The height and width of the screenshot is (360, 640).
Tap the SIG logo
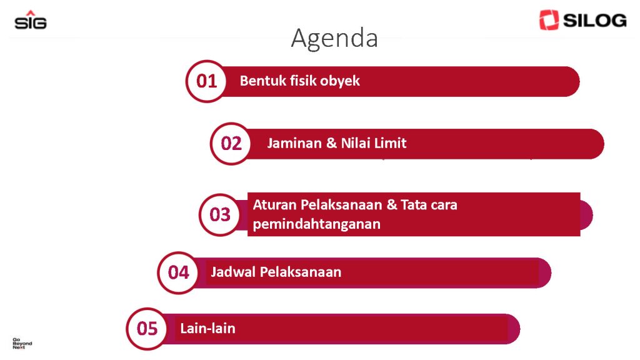click(31, 20)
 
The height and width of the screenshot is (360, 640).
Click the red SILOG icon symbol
click(549, 20)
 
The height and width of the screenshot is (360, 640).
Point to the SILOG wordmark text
click(595, 21)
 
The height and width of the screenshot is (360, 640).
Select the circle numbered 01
click(206, 81)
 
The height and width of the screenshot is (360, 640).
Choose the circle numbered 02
click(231, 144)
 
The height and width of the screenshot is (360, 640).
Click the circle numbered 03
click(220, 215)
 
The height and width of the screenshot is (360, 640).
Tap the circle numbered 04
click(178, 272)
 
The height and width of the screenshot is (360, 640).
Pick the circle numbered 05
click(147, 329)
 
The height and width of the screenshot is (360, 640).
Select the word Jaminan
click(294, 143)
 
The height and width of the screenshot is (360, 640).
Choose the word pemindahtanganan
click(317, 224)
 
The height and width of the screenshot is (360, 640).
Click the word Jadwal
click(234, 272)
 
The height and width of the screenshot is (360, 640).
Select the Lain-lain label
click(207, 328)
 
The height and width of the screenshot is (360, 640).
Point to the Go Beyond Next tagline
click(22, 343)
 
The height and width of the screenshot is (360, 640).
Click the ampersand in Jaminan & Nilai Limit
click(331, 143)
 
